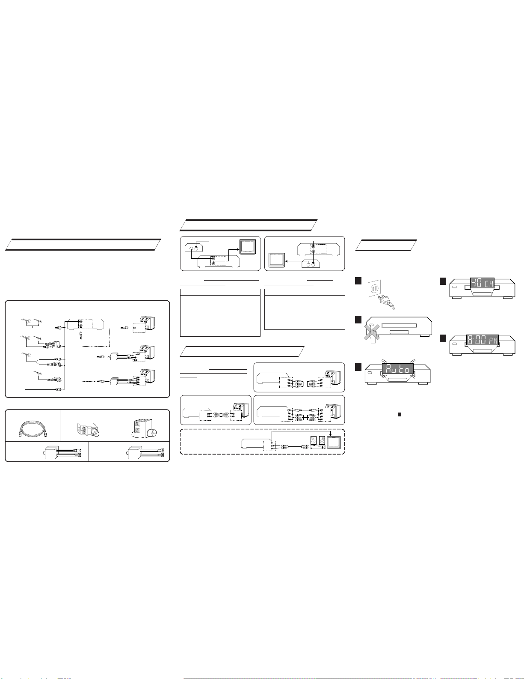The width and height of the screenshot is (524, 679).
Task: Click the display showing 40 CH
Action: point(482,283)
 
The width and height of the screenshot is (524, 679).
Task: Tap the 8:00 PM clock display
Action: point(483,340)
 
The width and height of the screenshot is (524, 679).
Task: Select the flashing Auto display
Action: point(398,369)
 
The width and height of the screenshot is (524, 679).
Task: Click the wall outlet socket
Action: point(374,288)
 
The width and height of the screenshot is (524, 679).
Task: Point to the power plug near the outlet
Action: point(386,301)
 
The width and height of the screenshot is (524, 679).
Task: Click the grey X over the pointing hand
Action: point(372,332)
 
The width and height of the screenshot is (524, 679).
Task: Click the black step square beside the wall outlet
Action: point(358,281)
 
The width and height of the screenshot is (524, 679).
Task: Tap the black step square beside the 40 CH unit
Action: point(443,281)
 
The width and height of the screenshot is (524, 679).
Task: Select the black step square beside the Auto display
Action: point(358,367)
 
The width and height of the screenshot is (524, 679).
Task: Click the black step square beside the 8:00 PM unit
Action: point(443,338)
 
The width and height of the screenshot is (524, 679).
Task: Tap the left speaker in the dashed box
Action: point(314,440)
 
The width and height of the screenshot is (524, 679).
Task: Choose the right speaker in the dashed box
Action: point(322,440)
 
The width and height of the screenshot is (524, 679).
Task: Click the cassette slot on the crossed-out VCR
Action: point(399,326)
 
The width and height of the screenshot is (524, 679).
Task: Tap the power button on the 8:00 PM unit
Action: point(454,344)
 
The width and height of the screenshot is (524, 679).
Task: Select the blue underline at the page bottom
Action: point(85,675)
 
